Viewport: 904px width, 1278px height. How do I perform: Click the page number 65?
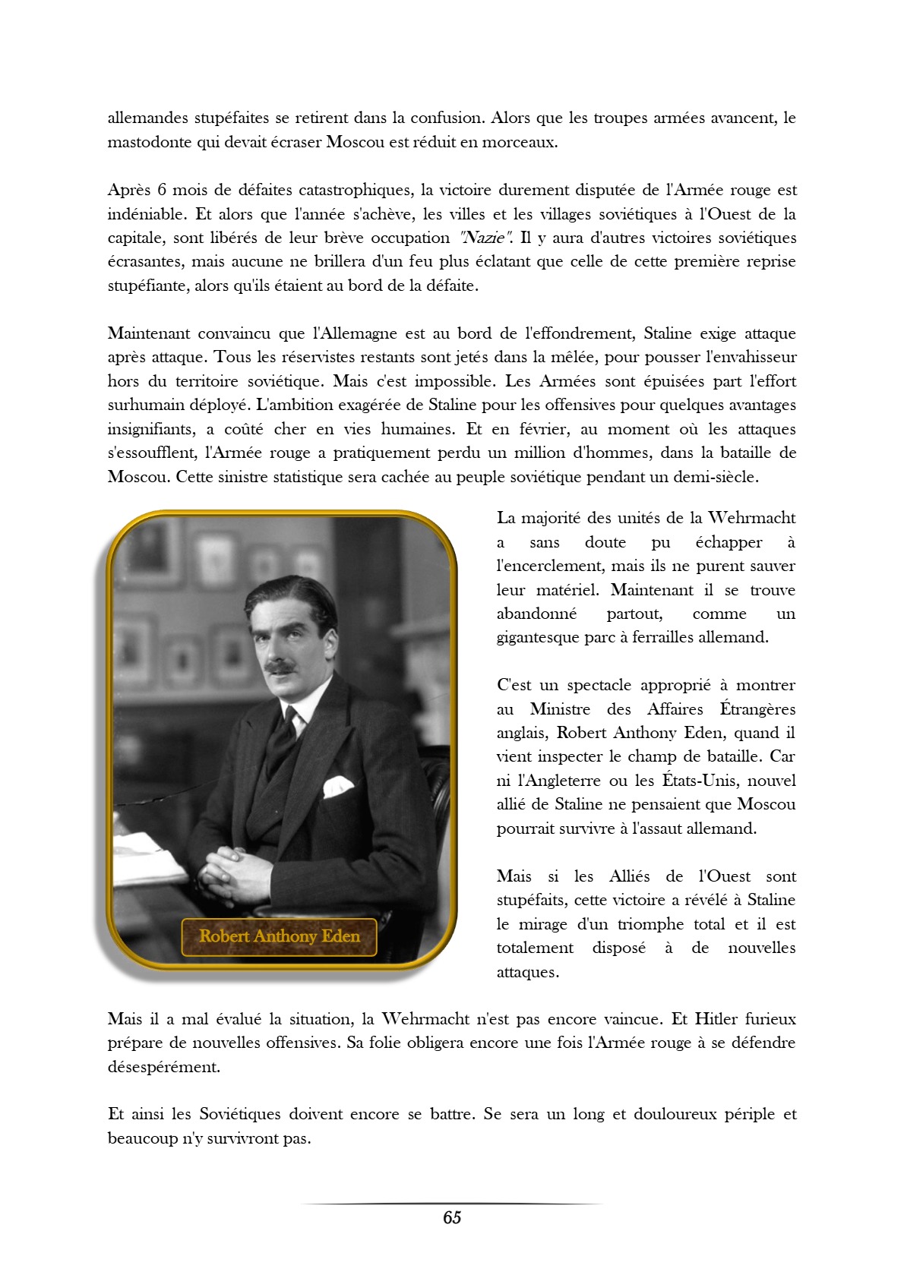tap(452, 1217)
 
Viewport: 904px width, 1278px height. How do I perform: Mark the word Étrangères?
tap(757, 708)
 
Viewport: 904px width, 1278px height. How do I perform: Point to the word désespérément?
tap(163, 1067)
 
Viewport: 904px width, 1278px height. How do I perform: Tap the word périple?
tap(738, 1114)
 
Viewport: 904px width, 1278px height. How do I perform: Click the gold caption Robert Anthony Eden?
tap(280, 936)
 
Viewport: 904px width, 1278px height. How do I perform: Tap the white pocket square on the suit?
tap(337, 786)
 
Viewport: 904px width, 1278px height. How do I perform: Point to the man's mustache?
tap(280, 667)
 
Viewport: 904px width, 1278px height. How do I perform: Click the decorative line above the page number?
tap(452, 1204)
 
